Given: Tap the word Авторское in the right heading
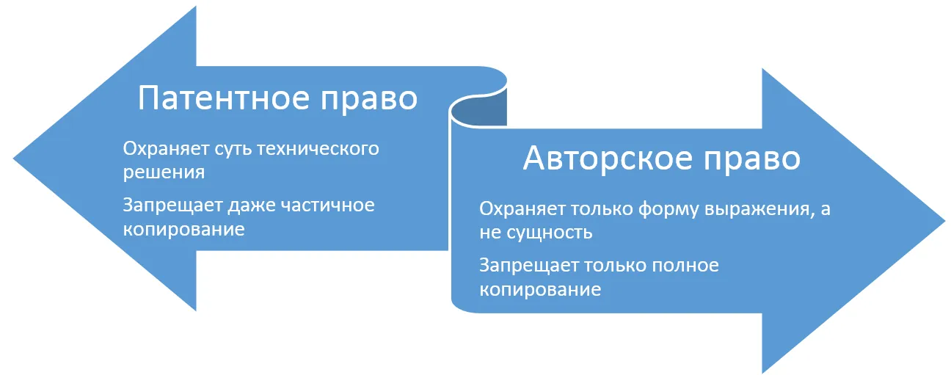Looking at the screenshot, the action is [x=607, y=158].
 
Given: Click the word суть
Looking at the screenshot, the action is [x=233, y=149].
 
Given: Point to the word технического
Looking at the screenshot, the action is [x=318, y=149].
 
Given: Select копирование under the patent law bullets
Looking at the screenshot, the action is [x=184, y=230].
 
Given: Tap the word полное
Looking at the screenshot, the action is [x=685, y=266].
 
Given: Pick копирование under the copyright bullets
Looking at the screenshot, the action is [x=541, y=291].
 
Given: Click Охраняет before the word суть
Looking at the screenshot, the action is [x=167, y=150].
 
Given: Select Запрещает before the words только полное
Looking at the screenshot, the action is [x=529, y=266].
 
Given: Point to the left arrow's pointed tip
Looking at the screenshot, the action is [x=14, y=159].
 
